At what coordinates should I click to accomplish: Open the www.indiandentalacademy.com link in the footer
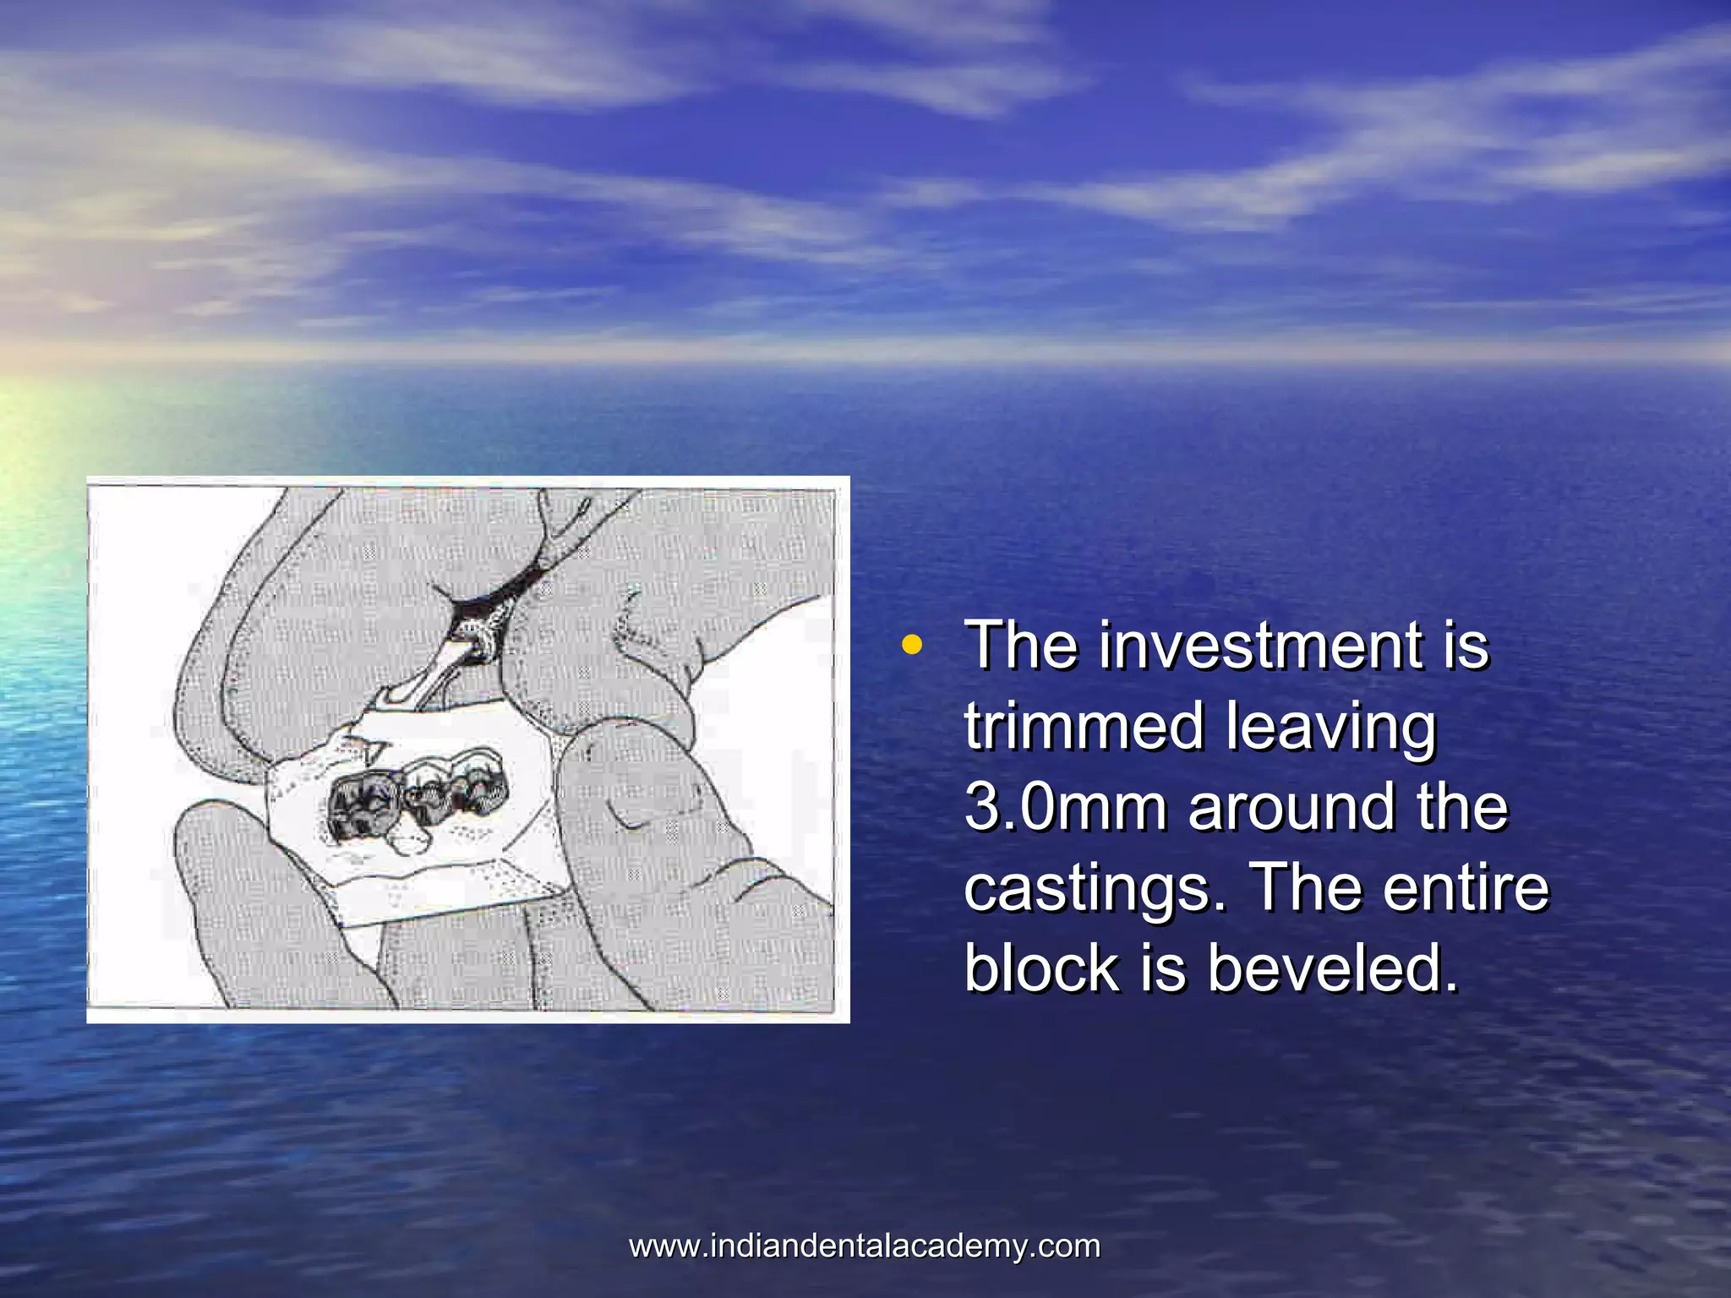[x=865, y=1246]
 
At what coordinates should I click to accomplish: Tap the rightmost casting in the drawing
[x=475, y=786]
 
